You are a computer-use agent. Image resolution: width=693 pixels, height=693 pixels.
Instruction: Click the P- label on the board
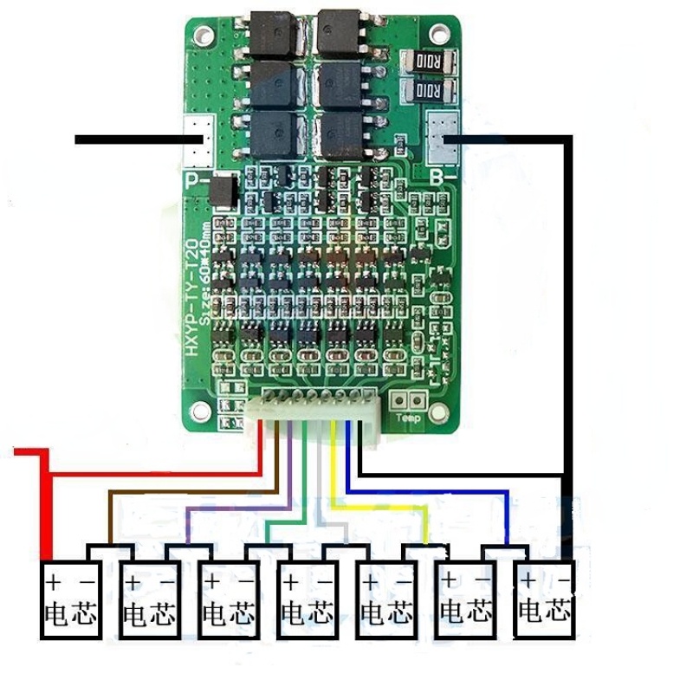click(196, 181)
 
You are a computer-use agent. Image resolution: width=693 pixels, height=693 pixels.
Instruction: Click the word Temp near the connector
click(407, 419)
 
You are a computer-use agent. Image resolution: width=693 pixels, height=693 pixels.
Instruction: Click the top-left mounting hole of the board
click(205, 33)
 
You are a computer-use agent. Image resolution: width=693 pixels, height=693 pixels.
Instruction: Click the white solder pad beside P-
click(201, 139)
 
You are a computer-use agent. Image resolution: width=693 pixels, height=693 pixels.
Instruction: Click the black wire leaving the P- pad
click(130, 139)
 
